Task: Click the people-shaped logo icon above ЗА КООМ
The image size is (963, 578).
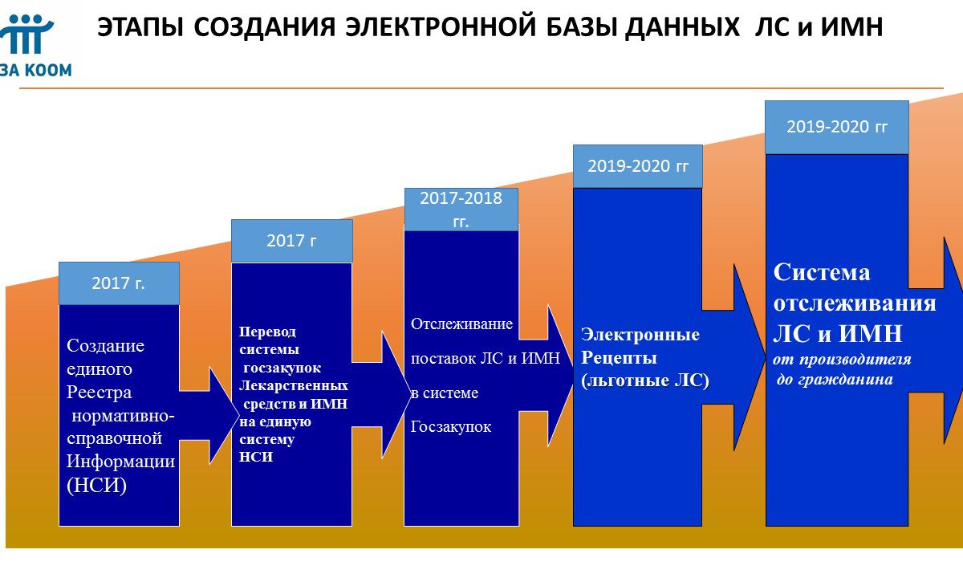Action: point(26,34)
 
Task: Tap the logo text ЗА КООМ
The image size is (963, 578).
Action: point(36,70)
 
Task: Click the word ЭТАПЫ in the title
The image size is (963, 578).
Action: point(140,27)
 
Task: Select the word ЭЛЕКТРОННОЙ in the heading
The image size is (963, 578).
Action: point(441,27)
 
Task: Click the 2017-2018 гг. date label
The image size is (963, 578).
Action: point(461,210)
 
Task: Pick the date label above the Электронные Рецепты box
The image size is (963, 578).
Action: point(638,166)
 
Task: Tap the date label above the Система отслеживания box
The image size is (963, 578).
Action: point(836,127)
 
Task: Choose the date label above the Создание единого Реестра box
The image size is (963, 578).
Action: point(118,283)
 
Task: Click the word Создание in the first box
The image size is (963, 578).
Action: point(105,346)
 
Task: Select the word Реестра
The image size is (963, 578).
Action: point(99,393)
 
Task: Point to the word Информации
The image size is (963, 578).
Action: point(121,462)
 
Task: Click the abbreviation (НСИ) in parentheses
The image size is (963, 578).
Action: point(97,486)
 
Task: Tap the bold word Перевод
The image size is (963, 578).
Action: point(267,332)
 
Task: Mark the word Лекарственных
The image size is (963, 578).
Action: point(293,385)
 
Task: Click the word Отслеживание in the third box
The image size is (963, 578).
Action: point(461,324)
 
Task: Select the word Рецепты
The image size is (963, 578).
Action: point(619,358)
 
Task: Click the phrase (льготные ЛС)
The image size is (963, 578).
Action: point(645,381)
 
